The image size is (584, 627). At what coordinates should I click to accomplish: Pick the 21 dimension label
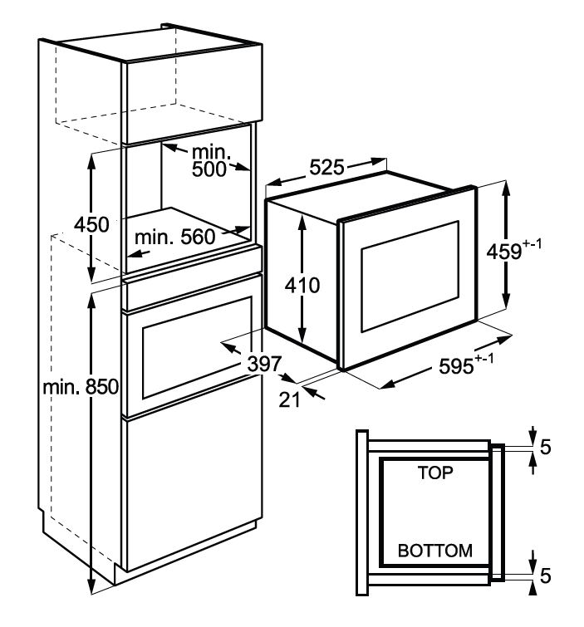coord(288,400)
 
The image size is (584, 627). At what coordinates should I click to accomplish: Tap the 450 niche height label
coord(91,224)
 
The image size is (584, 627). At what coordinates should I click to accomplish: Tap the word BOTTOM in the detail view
coord(434,551)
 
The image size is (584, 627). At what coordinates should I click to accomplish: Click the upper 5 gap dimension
coord(545,447)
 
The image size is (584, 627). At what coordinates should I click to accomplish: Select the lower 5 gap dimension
coord(545,573)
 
